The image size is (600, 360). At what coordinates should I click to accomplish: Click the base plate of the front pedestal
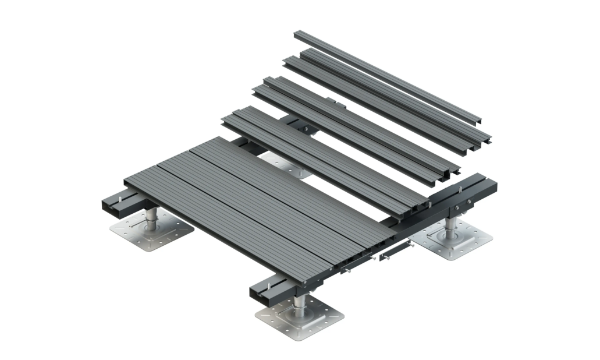tap(297, 318)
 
